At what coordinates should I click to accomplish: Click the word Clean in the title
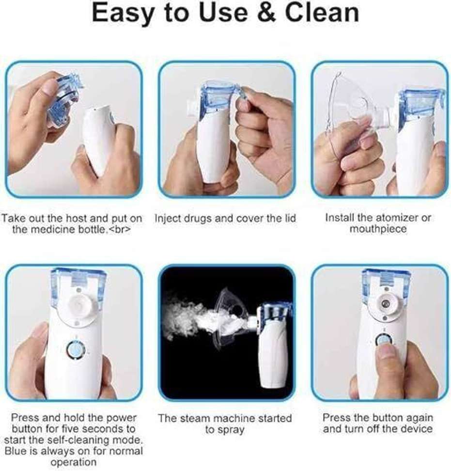tap(322, 13)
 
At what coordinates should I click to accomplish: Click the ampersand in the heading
tap(266, 13)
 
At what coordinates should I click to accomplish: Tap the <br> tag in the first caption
tap(119, 230)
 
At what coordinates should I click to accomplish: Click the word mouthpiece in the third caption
tap(378, 229)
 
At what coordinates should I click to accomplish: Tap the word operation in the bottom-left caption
tap(74, 462)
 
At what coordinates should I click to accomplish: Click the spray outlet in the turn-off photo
tap(385, 305)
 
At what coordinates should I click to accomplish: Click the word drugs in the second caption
tap(198, 219)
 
